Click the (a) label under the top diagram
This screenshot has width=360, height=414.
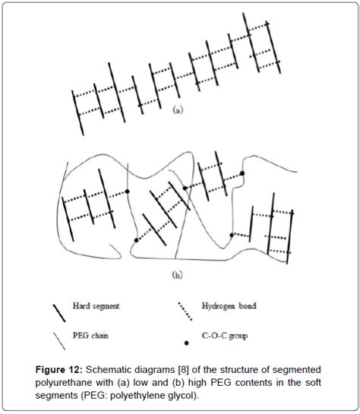[178, 109]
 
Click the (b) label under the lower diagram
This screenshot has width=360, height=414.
[178, 275]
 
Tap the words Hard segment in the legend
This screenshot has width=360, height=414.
[96, 306]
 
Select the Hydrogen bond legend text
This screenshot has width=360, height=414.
[229, 306]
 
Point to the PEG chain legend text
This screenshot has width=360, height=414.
[90, 336]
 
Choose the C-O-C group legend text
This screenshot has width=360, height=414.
[225, 336]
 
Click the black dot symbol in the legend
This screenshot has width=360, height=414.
[186, 343]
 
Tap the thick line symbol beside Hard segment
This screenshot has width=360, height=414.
[59, 313]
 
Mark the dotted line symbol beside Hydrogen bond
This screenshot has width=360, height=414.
[185, 311]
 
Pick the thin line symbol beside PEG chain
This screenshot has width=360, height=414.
[59, 341]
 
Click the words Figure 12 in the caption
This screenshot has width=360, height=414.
[59, 370]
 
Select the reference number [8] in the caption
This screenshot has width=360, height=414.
[184, 370]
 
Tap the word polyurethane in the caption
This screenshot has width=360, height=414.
[64, 383]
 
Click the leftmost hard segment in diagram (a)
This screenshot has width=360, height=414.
[77, 113]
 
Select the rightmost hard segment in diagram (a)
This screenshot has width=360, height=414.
[273, 47]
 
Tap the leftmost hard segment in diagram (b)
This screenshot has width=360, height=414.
[68, 219]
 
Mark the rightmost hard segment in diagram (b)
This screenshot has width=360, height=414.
[290, 237]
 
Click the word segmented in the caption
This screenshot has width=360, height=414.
[297, 370]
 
